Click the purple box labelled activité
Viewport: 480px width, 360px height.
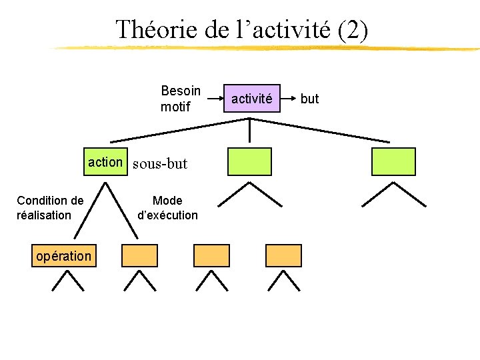251,99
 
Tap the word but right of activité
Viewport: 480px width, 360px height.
310,99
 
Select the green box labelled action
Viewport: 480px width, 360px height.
105,161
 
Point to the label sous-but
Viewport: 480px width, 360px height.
160,163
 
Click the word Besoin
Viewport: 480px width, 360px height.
181,90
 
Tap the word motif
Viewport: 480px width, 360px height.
175,107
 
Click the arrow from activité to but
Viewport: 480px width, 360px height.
287,99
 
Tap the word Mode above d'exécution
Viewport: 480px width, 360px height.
167,200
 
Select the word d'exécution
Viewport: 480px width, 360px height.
167,215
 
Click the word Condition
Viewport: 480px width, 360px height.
50,200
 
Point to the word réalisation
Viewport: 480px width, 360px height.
44,215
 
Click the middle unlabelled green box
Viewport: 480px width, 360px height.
250,161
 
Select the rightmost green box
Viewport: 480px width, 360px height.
393,161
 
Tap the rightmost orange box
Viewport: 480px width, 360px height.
283,255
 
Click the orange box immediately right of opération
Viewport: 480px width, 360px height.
139,255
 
